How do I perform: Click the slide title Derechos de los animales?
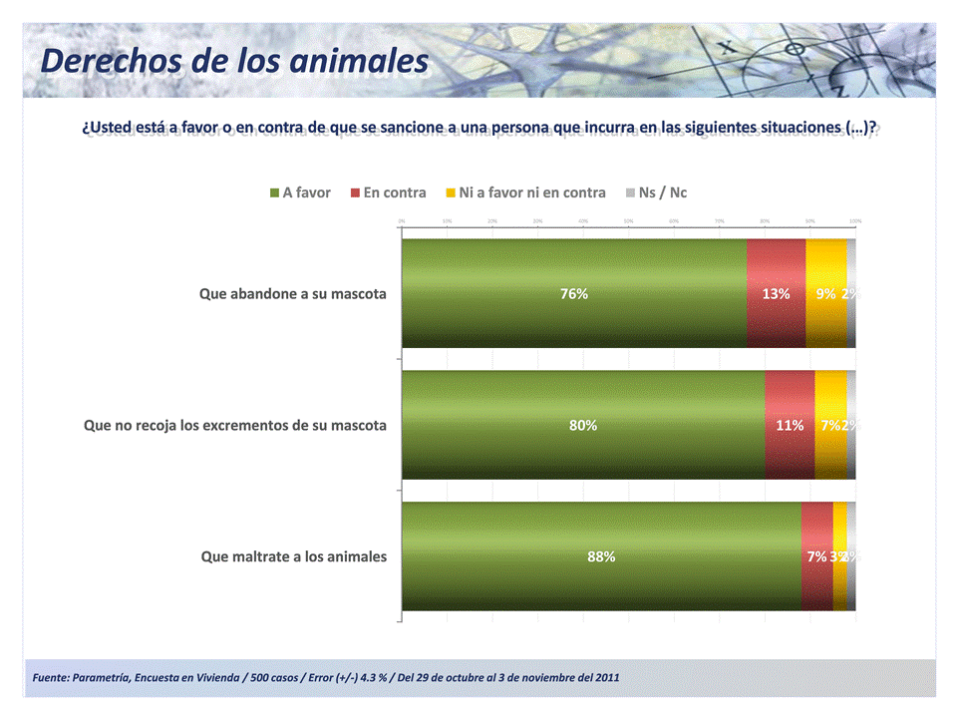click(x=234, y=61)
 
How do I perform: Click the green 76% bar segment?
click(x=573, y=294)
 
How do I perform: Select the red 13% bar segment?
click(x=776, y=294)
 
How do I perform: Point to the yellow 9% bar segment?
click(x=825, y=294)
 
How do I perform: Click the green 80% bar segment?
click(x=582, y=426)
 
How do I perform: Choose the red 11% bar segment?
click(x=790, y=426)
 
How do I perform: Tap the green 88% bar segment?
click(x=600, y=557)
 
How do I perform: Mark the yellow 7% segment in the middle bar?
click(x=829, y=426)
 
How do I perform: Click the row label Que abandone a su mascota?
click(x=292, y=294)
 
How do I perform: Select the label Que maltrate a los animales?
click(x=293, y=556)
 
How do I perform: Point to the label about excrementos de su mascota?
click(x=235, y=426)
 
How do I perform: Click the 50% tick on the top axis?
click(x=628, y=220)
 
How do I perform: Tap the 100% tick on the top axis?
click(x=855, y=220)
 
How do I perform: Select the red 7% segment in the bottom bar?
click(x=816, y=557)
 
